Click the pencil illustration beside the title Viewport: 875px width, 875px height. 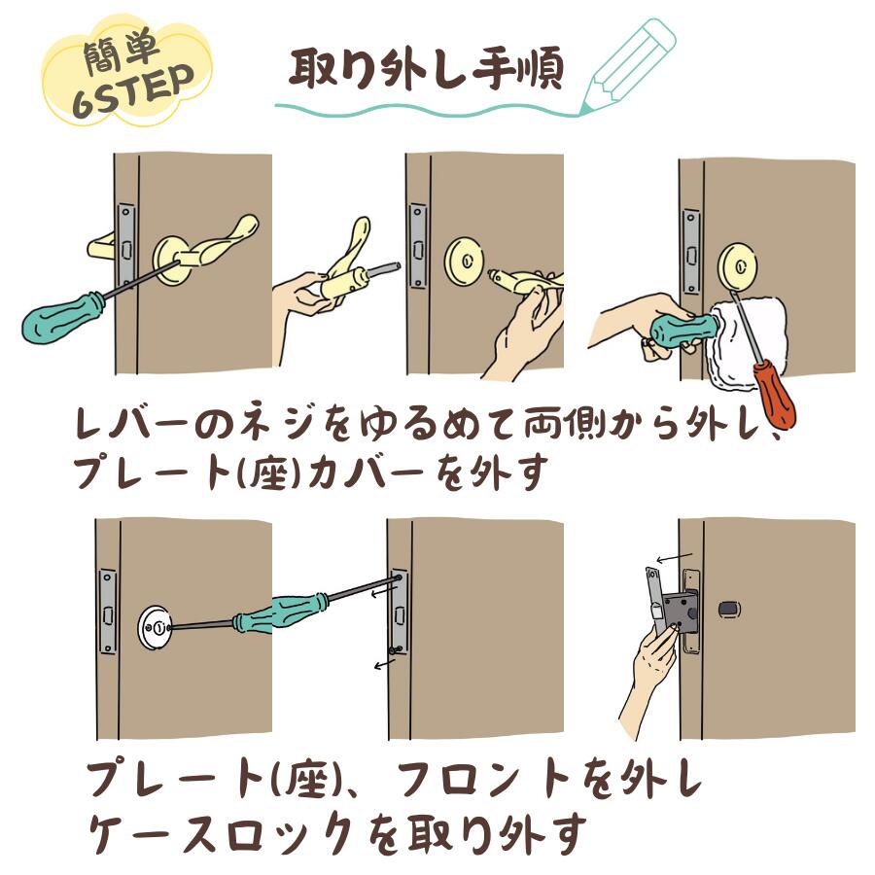click(x=628, y=65)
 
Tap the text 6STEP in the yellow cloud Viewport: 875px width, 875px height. click(x=134, y=91)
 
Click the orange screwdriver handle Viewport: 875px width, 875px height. click(x=775, y=394)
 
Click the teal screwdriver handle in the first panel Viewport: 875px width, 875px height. click(x=62, y=320)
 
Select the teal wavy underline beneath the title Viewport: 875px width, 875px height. click(x=427, y=110)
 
